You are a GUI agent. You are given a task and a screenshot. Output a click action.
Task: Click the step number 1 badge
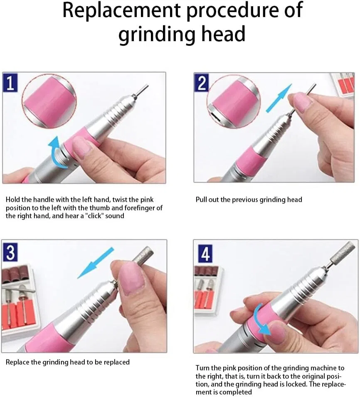[x=10, y=83]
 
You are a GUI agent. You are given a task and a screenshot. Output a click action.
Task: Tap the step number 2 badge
[x=202, y=83]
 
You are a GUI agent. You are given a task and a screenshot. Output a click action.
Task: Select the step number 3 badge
[x=10, y=252]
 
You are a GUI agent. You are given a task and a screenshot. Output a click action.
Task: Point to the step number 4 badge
[x=205, y=254]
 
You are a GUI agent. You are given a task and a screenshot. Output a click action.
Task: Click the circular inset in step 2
[x=233, y=101]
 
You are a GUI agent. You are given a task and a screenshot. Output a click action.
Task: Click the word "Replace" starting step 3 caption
[x=17, y=362]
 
